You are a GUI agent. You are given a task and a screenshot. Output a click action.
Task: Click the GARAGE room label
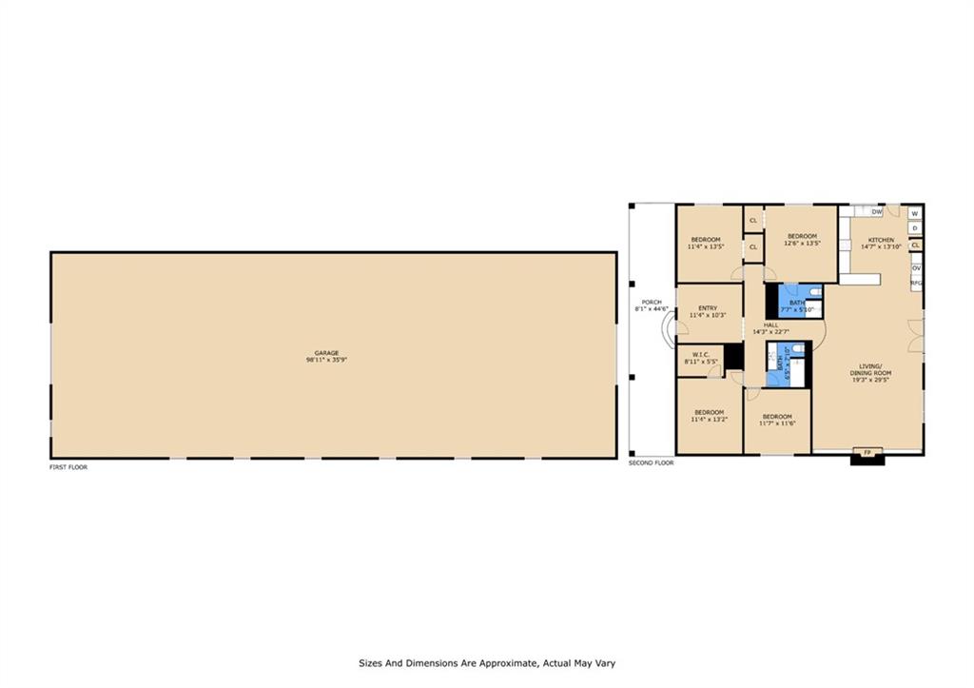pyautogui.click(x=326, y=352)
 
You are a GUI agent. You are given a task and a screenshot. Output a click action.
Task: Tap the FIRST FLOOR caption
pyautogui.click(x=68, y=467)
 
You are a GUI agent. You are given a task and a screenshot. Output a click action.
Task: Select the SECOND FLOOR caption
pyautogui.click(x=651, y=462)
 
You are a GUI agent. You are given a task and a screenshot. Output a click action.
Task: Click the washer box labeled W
pyautogui.click(x=914, y=214)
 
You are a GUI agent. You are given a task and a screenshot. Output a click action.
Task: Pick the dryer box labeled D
pyautogui.click(x=914, y=228)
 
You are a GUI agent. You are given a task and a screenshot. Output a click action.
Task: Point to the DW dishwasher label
pyautogui.click(x=877, y=211)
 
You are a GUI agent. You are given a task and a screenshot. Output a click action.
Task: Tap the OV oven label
pyautogui.click(x=916, y=268)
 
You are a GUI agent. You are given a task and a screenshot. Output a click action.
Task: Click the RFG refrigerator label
pyautogui.click(x=917, y=283)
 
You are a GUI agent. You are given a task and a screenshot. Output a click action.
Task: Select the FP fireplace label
pyautogui.click(x=867, y=451)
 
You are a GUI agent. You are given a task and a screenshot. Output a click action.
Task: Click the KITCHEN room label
pyautogui.click(x=880, y=240)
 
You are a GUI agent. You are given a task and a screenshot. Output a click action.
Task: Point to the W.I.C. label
pyautogui.click(x=703, y=357)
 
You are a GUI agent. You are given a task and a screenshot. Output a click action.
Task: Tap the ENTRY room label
pyautogui.click(x=708, y=308)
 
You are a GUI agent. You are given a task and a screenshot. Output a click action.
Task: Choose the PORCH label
pyautogui.click(x=651, y=303)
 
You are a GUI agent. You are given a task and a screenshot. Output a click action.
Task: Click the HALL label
pyautogui.click(x=770, y=324)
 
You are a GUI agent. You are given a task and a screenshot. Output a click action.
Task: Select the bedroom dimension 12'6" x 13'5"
pyautogui.click(x=802, y=244)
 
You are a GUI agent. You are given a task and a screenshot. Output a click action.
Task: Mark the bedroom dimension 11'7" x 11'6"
pyautogui.click(x=777, y=423)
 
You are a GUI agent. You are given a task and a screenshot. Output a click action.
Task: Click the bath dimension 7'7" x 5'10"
pyautogui.click(x=797, y=309)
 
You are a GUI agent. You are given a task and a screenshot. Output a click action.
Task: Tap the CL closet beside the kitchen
pyautogui.click(x=915, y=246)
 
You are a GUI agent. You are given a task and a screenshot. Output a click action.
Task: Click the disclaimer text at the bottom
pyautogui.click(x=487, y=663)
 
